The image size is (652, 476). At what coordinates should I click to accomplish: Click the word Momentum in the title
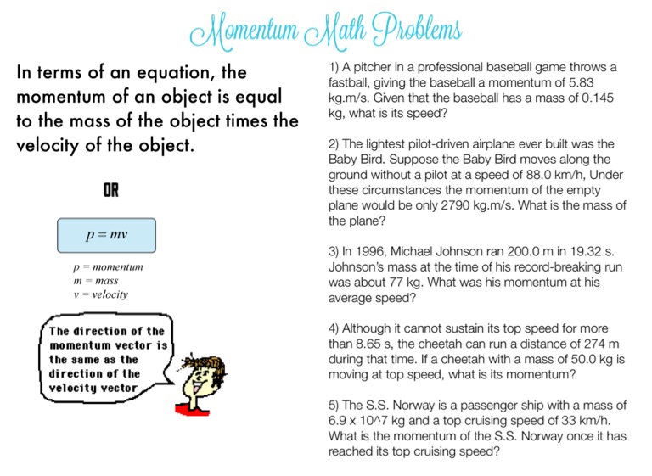click(239, 32)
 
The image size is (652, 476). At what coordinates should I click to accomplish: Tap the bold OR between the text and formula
click(111, 191)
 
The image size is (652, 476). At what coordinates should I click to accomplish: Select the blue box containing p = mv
click(107, 234)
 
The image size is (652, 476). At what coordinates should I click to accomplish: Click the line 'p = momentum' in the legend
click(108, 267)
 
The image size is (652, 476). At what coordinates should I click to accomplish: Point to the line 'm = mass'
click(95, 281)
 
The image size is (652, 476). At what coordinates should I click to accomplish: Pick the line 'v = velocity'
click(101, 294)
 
